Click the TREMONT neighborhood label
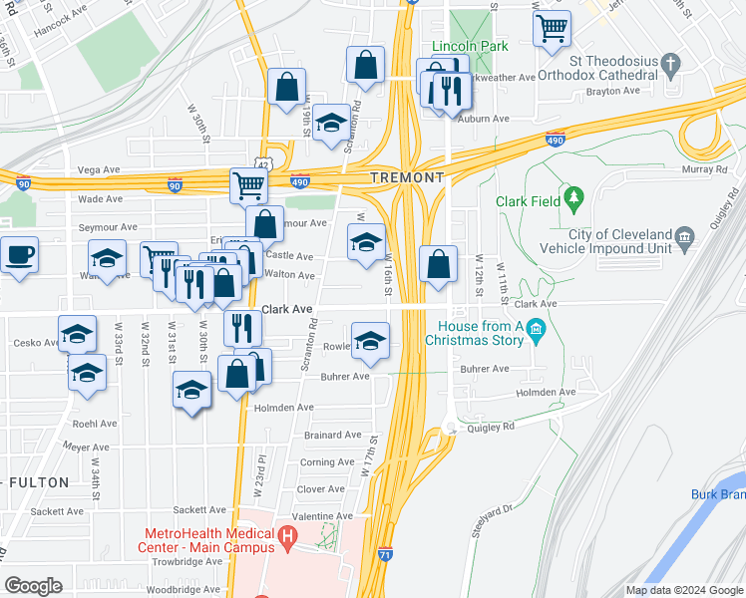(406, 176)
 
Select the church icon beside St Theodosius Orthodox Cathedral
(671, 67)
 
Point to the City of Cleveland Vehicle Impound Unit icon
(684, 236)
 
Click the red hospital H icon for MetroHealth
(288, 539)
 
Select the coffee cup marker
(19, 255)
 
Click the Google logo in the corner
(34, 586)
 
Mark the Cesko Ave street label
(27, 342)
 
